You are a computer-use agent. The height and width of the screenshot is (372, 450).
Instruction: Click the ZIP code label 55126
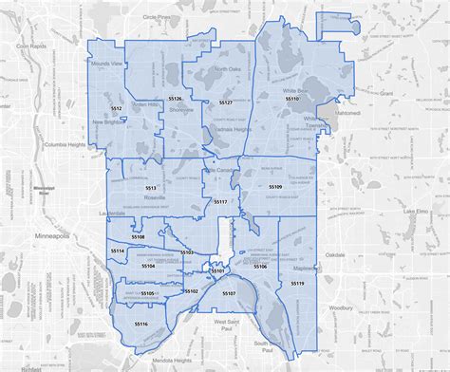coord(175,99)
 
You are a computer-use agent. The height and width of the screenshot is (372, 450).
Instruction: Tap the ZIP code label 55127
coord(225,100)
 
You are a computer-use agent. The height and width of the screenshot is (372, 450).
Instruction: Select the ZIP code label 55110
coord(291,98)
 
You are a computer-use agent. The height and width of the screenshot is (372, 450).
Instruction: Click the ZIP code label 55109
coord(275,187)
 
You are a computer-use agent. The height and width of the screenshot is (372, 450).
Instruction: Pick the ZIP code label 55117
coord(220,202)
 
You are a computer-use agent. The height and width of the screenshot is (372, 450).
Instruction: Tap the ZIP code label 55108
coord(138,236)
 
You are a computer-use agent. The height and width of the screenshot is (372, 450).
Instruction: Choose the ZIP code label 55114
coord(118,250)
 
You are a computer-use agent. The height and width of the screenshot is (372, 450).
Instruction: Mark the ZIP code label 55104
coord(148,267)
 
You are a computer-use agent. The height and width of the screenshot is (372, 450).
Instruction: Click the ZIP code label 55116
coord(141,324)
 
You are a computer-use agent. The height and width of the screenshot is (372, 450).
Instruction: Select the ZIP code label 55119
coord(297,284)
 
